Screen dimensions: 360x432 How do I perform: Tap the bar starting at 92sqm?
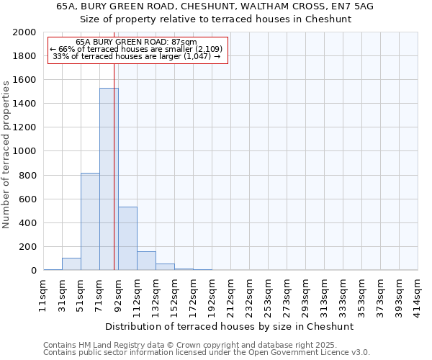coord(127,238)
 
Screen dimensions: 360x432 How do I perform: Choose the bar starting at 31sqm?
coord(71,264)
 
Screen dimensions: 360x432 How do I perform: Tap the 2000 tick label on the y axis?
coord(25,32)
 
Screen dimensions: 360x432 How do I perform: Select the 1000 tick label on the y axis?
coord(25,151)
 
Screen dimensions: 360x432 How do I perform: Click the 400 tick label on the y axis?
coord(28,223)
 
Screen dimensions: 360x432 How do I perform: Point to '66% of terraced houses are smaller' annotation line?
coord(136,49)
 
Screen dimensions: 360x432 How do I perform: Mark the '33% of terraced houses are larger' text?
coord(136,56)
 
